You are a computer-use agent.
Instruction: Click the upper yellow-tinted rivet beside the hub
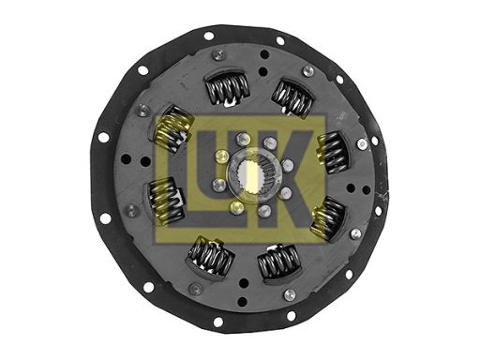pos(221,156)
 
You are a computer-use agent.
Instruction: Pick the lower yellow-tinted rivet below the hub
pos(236,207)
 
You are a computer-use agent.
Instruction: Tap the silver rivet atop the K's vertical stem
pos(270,143)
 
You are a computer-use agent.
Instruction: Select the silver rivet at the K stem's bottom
pos(264,211)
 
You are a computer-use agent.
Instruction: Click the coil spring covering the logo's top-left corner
pos(172,127)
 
